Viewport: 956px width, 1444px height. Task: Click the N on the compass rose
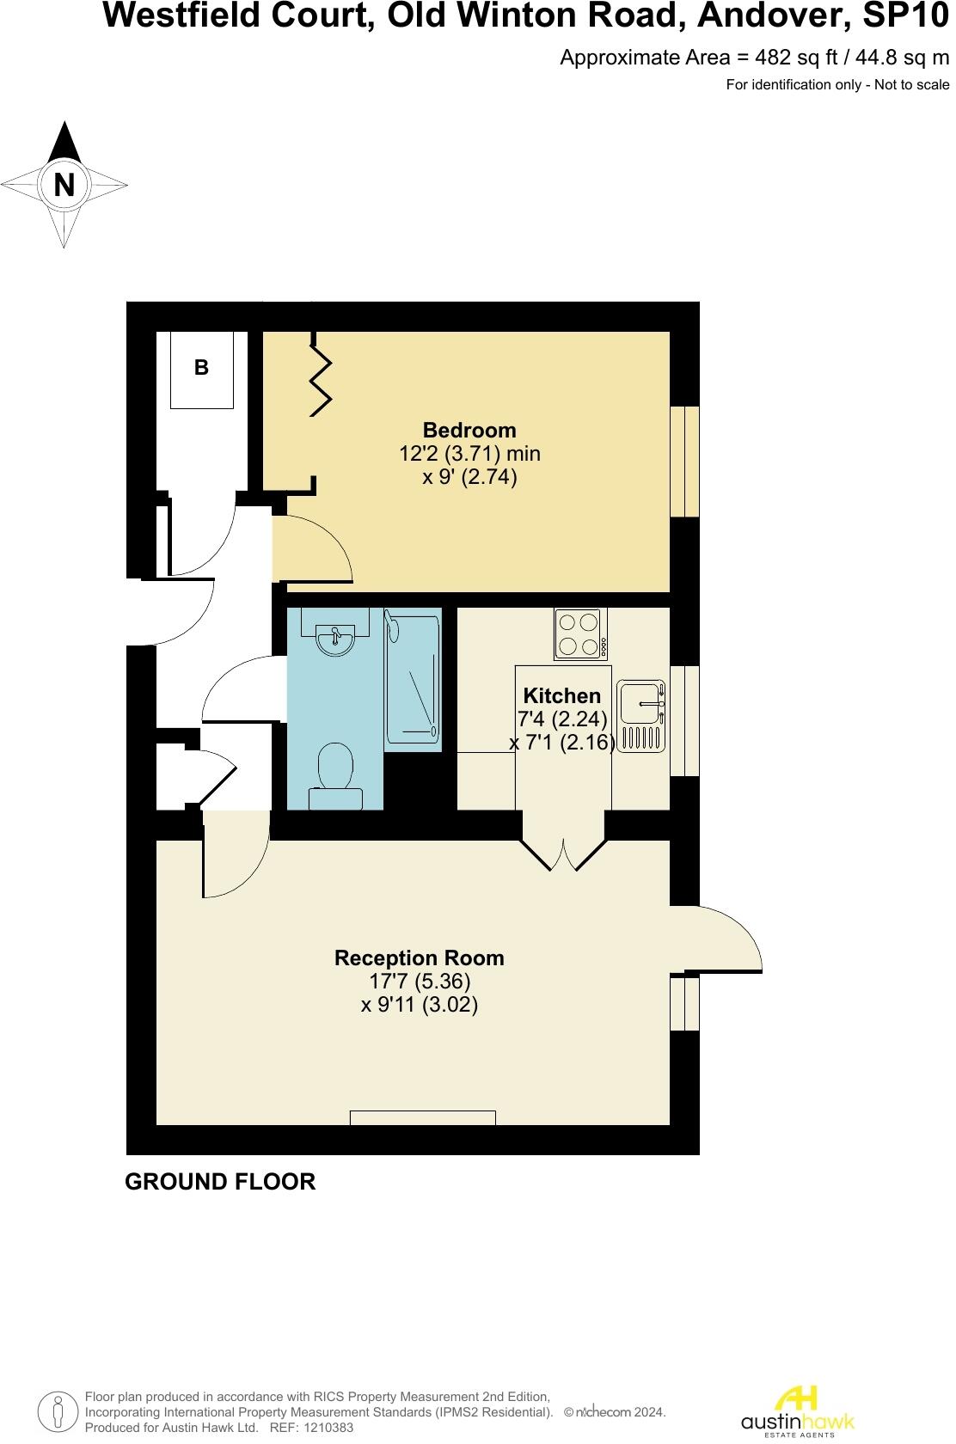pos(64,185)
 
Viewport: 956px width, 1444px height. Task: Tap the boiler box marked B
pos(201,369)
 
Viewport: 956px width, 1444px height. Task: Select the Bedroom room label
pos(469,430)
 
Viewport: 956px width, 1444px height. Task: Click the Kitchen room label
pos(562,695)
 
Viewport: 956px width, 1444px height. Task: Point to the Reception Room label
pos(420,958)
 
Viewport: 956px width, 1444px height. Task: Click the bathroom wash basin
pos(335,637)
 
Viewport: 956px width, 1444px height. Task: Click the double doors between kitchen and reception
pos(564,854)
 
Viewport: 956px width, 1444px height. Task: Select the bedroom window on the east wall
pos(685,462)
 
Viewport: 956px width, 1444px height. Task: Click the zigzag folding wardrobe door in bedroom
pos(320,378)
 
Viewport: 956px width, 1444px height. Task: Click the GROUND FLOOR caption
pos(220,1182)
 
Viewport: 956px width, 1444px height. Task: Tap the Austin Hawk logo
pos(797,1410)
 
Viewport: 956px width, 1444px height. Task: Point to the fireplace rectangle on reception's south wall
pos(423,1117)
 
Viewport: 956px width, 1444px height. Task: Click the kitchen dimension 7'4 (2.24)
pos(562,719)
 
